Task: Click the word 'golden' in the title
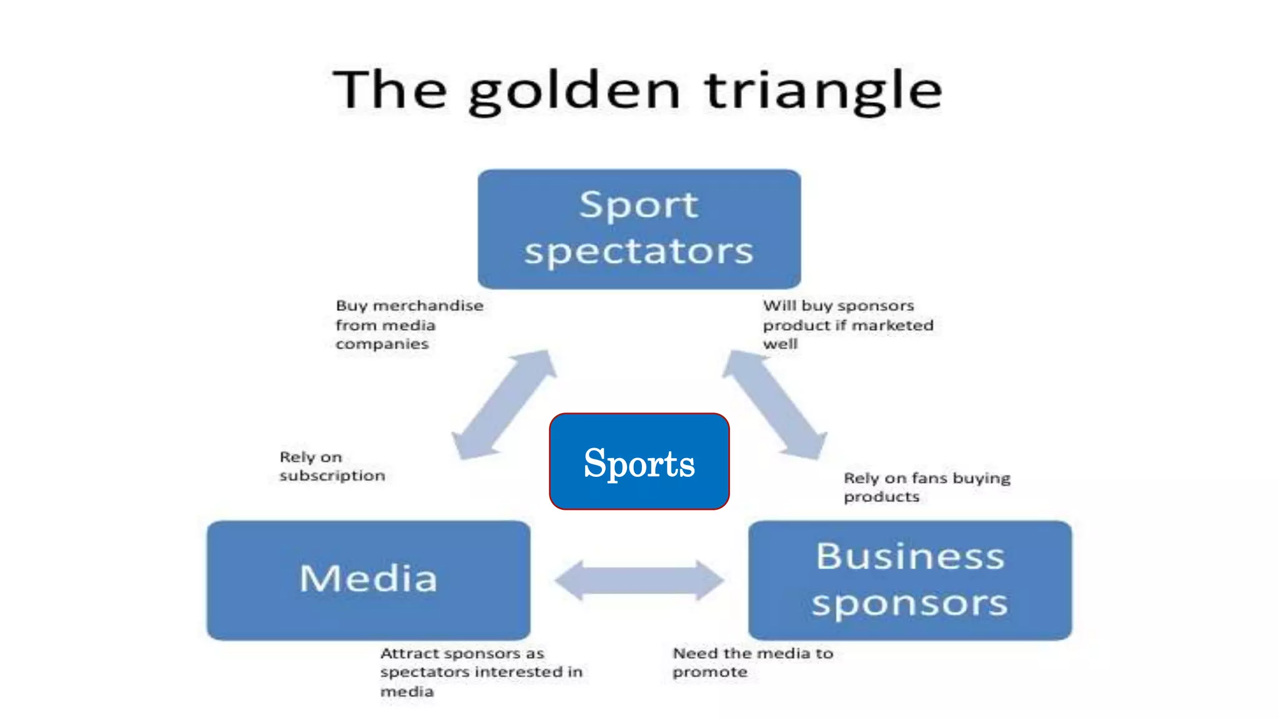573,92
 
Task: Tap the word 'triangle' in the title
823,92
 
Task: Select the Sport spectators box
639,228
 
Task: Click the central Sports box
639,462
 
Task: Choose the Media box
368,580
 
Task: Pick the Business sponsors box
910,580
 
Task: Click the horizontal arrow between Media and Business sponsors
639,580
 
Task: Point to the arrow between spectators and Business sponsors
775,405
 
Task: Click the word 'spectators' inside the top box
639,252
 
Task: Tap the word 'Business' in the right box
910,555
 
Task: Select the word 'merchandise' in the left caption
428,306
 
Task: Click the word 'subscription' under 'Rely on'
332,476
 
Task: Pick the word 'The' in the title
390,90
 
